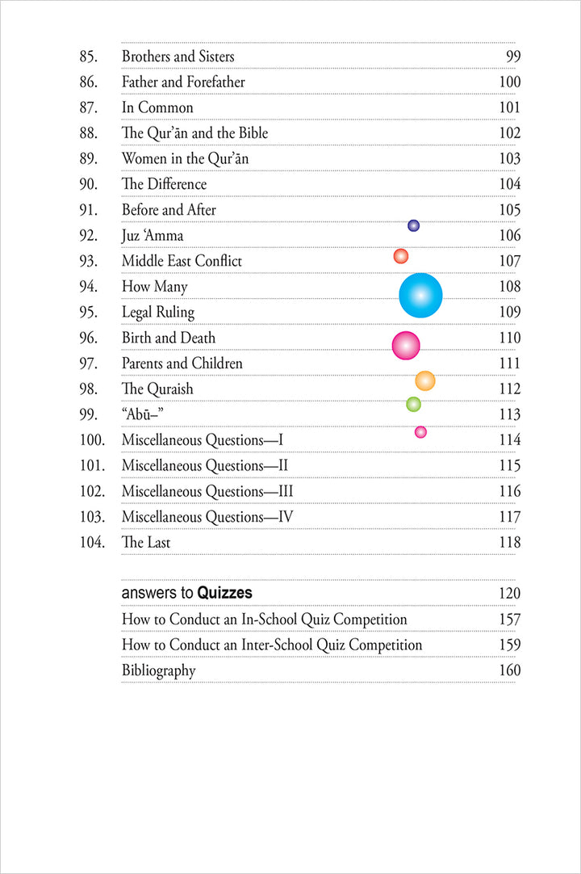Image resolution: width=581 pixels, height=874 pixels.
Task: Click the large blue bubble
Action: click(420, 296)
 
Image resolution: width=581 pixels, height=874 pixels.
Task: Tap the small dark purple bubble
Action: click(413, 226)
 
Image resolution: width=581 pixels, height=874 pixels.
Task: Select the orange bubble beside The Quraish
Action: click(424, 381)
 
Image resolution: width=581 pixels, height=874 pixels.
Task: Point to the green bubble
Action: click(413, 404)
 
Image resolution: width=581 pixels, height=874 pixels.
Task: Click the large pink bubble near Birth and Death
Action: click(406, 346)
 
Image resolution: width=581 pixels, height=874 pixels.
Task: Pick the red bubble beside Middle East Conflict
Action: click(400, 256)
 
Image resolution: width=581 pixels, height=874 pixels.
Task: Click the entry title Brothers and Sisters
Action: click(178, 57)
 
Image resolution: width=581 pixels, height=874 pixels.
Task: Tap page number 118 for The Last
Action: click(510, 543)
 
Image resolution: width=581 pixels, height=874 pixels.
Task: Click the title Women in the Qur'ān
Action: click(185, 159)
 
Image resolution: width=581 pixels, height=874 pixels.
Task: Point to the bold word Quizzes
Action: click(224, 594)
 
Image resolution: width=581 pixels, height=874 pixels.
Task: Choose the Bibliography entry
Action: click(158, 670)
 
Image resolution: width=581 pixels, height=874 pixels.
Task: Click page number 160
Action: click(510, 670)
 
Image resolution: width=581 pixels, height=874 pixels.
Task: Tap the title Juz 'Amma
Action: click(153, 236)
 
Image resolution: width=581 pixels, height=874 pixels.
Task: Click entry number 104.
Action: click(92, 543)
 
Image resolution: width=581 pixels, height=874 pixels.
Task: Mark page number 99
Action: click(513, 57)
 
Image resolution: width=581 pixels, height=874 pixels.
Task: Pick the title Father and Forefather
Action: click(183, 82)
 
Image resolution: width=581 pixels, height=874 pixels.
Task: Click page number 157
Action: click(510, 620)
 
